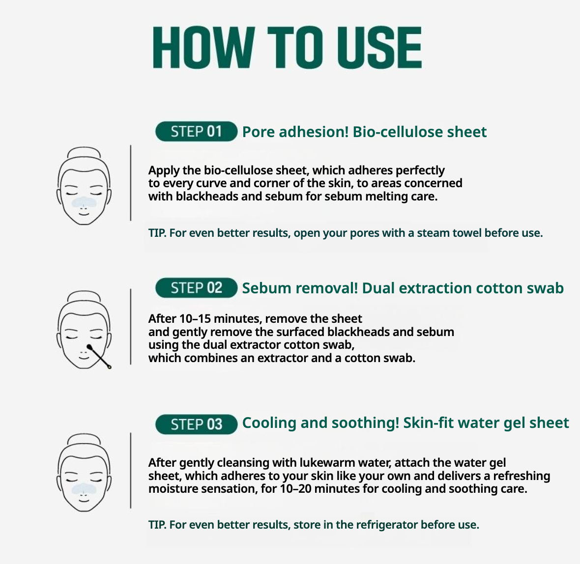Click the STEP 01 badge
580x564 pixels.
(x=196, y=132)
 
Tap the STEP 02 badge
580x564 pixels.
(x=196, y=288)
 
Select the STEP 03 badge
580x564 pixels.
(x=196, y=424)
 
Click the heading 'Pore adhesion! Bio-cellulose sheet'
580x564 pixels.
(x=364, y=132)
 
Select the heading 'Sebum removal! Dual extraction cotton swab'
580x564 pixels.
(x=403, y=288)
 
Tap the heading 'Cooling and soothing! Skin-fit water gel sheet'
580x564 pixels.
(x=406, y=423)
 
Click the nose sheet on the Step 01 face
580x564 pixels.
(x=84, y=201)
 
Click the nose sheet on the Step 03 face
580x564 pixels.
(x=84, y=488)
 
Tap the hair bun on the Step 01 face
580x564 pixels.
(x=84, y=152)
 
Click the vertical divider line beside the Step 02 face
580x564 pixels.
(x=131, y=327)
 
